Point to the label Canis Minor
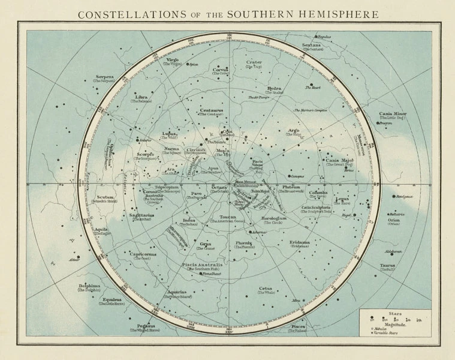pyautogui.click(x=392, y=113)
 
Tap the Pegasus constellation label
pyautogui.click(x=147, y=326)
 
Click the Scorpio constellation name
pyautogui.click(x=144, y=154)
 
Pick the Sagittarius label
pyautogui.click(x=141, y=215)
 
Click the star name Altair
pyautogui.click(x=74, y=260)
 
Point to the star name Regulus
pyautogui.click(x=324, y=37)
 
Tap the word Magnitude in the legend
pyautogui.click(x=393, y=323)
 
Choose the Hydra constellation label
pyautogui.click(x=273, y=88)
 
